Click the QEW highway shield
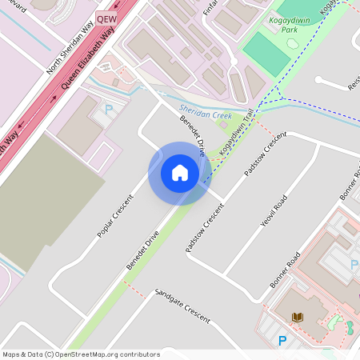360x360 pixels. (x=106, y=18)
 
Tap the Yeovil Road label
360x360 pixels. (x=274, y=210)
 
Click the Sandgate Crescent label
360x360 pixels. (x=182, y=306)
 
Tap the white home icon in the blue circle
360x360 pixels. (x=180, y=173)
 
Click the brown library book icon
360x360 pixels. (x=298, y=318)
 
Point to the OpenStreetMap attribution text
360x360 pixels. (x=81, y=354)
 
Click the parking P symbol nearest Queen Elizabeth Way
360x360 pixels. (x=110, y=110)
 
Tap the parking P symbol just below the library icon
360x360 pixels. (x=282, y=341)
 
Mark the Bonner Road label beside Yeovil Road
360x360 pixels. (x=285, y=270)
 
